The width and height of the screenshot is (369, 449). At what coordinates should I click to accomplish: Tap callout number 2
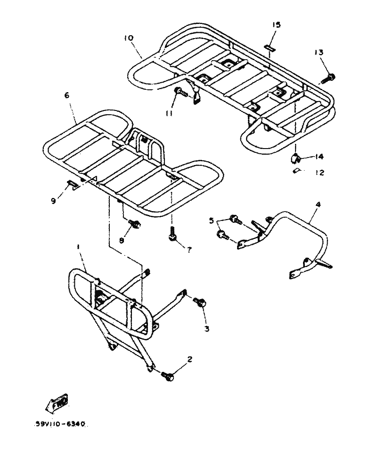pyautogui.click(x=189, y=360)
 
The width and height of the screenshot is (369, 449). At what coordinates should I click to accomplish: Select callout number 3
pyautogui.click(x=206, y=328)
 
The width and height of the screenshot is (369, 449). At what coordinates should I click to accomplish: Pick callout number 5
pyautogui.click(x=212, y=221)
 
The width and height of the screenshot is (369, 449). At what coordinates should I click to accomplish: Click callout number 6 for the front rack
pyautogui.click(x=66, y=95)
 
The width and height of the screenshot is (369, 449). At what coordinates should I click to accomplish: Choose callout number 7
pyautogui.click(x=189, y=250)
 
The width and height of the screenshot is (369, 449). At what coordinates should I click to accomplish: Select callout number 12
pyautogui.click(x=320, y=173)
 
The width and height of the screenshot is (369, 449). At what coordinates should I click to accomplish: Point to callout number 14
pyautogui.click(x=320, y=157)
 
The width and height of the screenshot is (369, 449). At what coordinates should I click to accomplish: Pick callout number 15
pyautogui.click(x=276, y=25)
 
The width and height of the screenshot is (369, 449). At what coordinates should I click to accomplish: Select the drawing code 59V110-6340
pyautogui.click(x=60, y=424)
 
